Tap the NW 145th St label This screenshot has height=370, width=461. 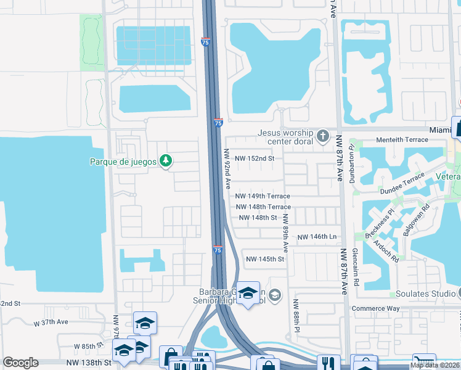(x=265, y=259)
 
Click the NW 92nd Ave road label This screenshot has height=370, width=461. (x=227, y=168)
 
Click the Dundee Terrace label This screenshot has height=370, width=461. (x=406, y=184)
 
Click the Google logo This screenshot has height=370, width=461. (x=20, y=363)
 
